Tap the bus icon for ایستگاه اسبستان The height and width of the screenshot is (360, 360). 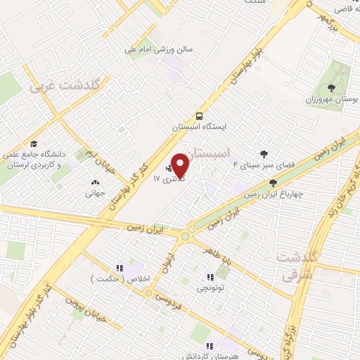(x=200, y=116)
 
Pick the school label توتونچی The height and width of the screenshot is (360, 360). (x=211, y=287)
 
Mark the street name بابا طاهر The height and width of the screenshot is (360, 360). (x=221, y=255)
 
